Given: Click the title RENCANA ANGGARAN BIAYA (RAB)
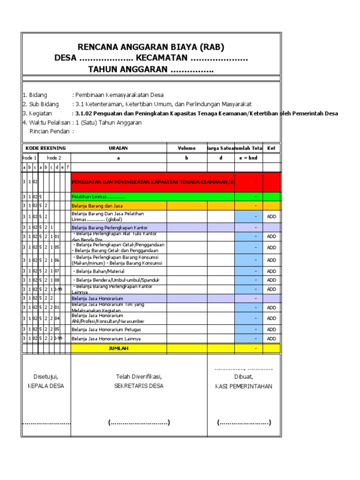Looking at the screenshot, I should pos(151,47).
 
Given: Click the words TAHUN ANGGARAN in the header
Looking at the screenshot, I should pos(128,69).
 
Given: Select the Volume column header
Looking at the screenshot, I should pos(187,148).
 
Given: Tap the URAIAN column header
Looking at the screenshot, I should pos(118,148).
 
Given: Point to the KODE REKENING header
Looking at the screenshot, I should pos(45,148).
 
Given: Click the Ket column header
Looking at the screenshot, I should pos(271,148).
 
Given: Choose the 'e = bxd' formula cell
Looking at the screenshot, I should pos(248,158).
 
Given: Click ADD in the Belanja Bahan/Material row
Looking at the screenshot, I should pos(271,271).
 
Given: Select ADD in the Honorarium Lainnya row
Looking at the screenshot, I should pos(271,338).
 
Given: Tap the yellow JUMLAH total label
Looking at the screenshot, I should pos(118,349).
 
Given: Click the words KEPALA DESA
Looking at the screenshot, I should pos(45,386).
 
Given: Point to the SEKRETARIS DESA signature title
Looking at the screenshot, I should pos(139,386).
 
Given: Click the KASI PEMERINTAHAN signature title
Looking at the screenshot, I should pos(243,387).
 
